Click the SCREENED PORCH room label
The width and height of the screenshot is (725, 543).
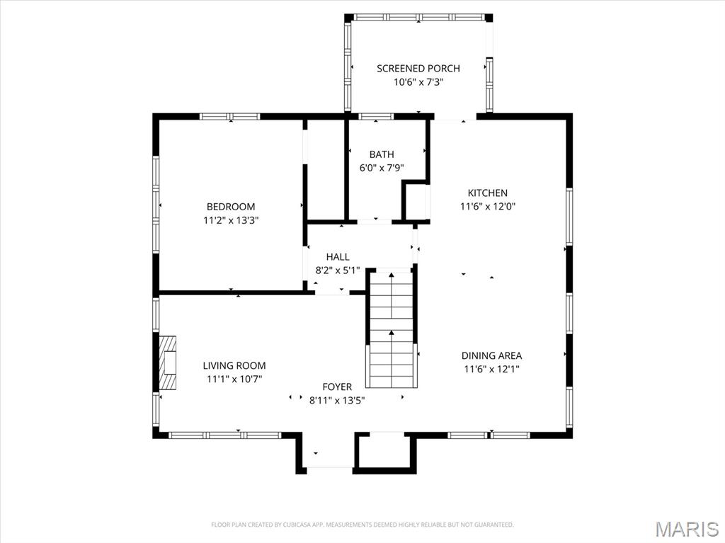tap(418, 69)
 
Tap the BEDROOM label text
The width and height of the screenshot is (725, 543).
tap(231, 207)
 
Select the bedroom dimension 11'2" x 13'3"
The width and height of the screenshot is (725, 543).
tap(231, 220)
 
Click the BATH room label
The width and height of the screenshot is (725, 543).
tap(382, 154)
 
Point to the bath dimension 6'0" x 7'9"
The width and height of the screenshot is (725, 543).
tap(382, 168)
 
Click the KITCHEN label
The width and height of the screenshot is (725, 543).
tap(487, 193)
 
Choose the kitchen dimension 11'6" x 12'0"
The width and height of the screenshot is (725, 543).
tap(487, 207)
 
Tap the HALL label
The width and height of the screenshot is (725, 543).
tap(338, 256)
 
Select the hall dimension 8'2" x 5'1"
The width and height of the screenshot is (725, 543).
tap(338, 270)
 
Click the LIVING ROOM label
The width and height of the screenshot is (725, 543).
tap(234, 366)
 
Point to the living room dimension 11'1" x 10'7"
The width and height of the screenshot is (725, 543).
tap(234, 379)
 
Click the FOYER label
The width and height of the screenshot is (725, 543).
tap(337, 387)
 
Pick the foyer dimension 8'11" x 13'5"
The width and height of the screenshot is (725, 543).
tap(337, 400)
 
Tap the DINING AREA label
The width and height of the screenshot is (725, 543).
tap(491, 355)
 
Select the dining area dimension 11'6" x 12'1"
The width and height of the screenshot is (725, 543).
tap(491, 369)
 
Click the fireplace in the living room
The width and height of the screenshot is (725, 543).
tap(169, 362)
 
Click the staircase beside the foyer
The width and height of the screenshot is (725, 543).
tap(391, 329)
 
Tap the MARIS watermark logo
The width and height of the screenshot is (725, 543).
tap(687, 529)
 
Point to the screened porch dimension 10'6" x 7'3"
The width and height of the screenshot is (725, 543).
tap(418, 82)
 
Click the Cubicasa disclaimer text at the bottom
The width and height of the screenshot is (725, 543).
tap(362, 525)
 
